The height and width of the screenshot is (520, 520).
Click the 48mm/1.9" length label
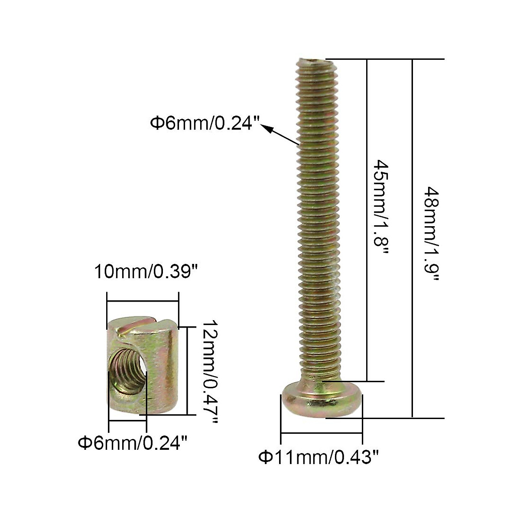[x=432, y=234]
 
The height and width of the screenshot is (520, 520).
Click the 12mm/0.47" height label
[x=210, y=373]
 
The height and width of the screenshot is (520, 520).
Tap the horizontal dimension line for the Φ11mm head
[x=322, y=432]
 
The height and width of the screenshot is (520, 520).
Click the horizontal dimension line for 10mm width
[x=143, y=301]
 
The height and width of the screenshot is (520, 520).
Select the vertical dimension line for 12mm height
[x=187, y=371]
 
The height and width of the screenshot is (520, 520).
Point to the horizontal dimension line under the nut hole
[x=128, y=420]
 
